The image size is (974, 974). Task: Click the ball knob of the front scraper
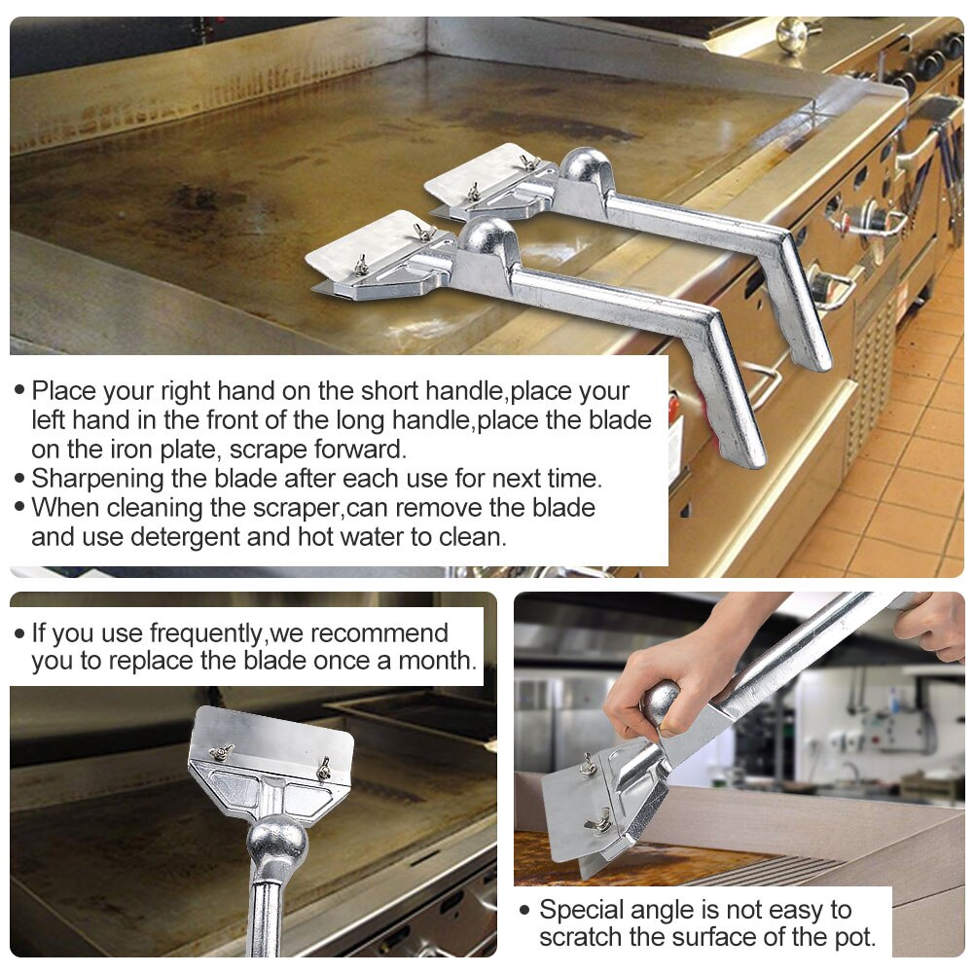click(x=487, y=236)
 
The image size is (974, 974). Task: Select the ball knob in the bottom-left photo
click(x=276, y=844)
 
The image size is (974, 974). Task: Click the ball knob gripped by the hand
click(x=661, y=703)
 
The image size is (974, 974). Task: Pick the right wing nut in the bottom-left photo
click(x=322, y=768)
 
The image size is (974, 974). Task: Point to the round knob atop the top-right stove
click(x=791, y=33)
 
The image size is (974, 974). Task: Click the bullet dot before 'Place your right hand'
click(x=19, y=391)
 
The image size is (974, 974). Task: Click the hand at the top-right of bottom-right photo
click(x=931, y=623)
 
